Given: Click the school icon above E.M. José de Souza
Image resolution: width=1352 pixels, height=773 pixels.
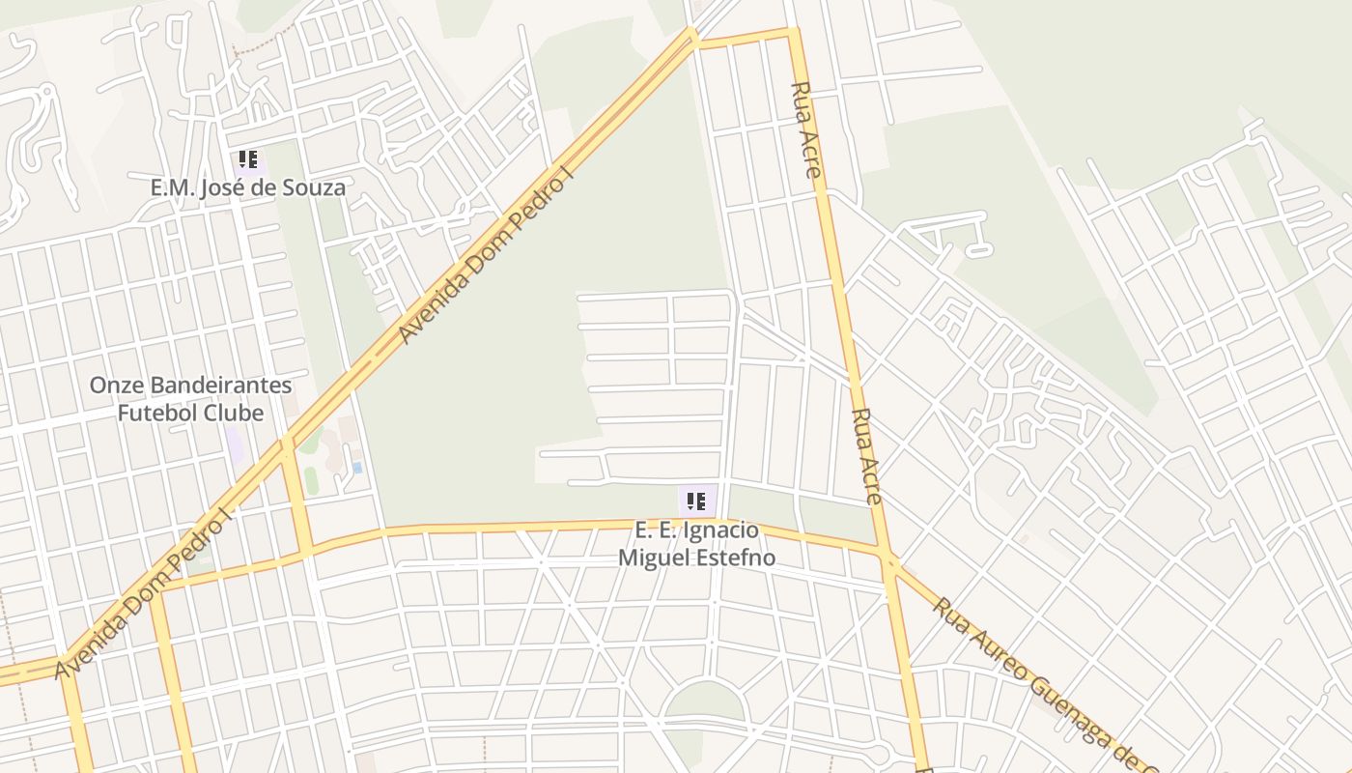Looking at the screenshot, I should tap(248, 159).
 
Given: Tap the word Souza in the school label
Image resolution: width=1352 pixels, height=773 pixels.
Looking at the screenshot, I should tap(312, 187).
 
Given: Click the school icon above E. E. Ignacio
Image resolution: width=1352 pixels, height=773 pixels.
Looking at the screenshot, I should tap(696, 501).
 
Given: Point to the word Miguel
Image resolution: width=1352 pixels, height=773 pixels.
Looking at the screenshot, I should tap(652, 558).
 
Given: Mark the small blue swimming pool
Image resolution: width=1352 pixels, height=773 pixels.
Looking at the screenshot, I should tap(357, 468).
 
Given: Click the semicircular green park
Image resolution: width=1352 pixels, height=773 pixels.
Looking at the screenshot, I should tap(705, 702).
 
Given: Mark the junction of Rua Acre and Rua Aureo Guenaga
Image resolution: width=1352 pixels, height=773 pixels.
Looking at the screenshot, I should tap(889, 559).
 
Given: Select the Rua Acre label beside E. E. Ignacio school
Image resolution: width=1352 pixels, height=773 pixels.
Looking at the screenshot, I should tap(866, 455).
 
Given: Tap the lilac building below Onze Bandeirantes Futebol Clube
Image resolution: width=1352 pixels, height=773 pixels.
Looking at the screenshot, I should tap(235, 444).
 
